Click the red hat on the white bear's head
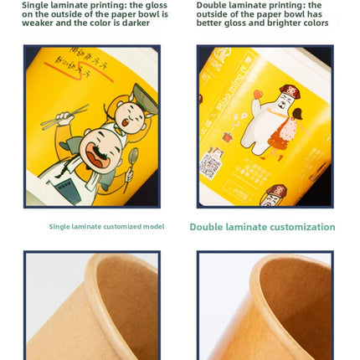[290, 91]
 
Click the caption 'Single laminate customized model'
[106, 227]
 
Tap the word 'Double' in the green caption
[209, 227]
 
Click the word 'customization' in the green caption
[298, 227]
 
